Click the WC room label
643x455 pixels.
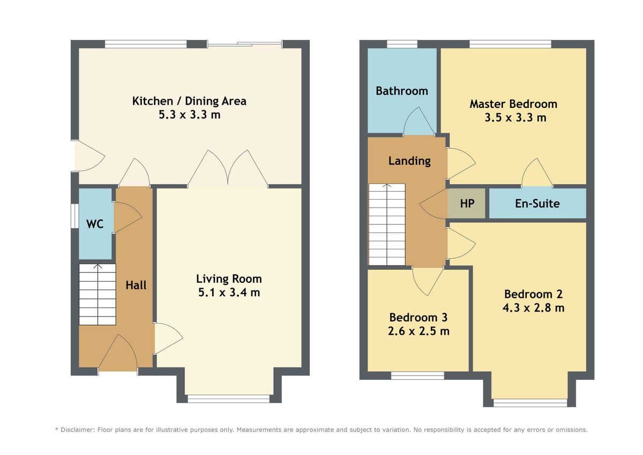95,224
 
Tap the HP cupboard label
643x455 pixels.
467,203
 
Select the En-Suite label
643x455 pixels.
537,203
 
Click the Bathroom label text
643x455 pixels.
401,91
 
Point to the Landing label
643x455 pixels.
409,161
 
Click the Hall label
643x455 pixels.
136,285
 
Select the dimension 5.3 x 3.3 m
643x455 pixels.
190,115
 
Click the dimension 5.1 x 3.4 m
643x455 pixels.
229,292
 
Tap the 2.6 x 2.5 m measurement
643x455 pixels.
418,331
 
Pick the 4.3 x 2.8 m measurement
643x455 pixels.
533,308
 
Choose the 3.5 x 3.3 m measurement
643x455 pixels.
515,118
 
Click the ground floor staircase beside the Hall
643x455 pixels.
98,295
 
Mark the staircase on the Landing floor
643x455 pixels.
387,224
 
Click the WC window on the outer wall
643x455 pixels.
74,216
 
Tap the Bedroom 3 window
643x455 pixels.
417,376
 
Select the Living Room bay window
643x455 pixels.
228,398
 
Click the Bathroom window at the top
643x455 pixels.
402,44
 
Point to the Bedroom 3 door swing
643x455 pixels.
428,281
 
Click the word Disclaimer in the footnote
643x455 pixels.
77,430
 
